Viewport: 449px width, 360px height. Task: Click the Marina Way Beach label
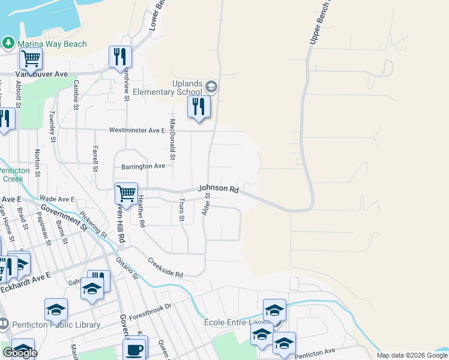tap(52, 44)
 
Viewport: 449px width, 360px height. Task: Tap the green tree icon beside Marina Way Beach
tap(8, 43)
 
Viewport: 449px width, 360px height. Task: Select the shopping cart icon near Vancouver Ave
tap(31, 58)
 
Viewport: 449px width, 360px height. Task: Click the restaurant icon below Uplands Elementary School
tap(199, 107)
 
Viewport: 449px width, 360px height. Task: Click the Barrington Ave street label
tap(143, 166)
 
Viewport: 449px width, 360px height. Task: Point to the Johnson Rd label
tap(219, 188)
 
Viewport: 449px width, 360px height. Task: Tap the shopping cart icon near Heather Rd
tap(126, 193)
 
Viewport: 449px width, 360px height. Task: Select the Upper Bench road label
tap(319, 21)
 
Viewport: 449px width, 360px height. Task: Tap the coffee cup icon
tap(134, 349)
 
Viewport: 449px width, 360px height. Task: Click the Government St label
tap(62, 215)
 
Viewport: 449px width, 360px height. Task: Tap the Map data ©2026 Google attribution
tap(412, 355)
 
